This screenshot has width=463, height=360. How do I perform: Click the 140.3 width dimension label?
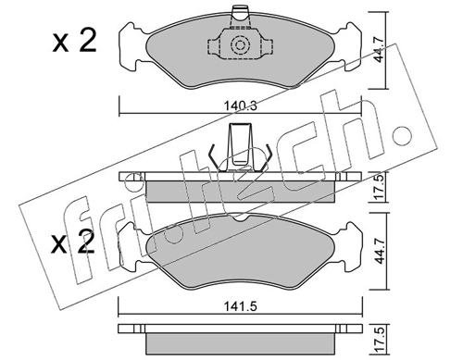(241, 106)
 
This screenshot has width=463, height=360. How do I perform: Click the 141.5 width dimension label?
(241, 306)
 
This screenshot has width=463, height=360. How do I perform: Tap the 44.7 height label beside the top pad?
(379, 50)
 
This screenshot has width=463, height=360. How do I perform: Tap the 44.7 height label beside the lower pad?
(379, 251)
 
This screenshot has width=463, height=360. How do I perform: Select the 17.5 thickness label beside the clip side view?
(380, 187)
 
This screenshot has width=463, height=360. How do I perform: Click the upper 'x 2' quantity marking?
(74, 41)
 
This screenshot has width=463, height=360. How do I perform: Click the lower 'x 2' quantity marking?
(73, 242)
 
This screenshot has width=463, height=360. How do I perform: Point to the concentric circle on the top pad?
(240, 45)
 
